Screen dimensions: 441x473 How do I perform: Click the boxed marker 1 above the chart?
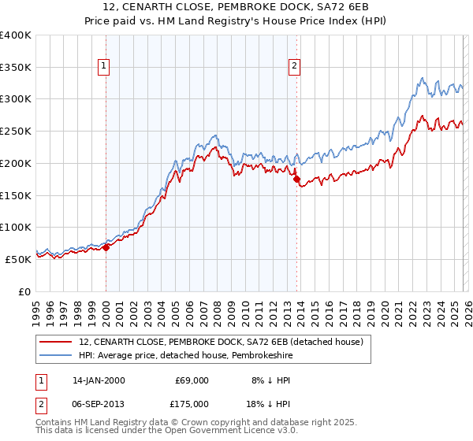click(106, 67)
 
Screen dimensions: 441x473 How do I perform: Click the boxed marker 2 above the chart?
click(295, 67)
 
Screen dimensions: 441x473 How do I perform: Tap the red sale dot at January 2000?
click(106, 247)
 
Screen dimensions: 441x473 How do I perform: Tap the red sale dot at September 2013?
click(296, 180)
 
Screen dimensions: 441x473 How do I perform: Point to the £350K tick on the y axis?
click(17, 67)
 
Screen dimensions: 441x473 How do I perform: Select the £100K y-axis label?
click(17, 227)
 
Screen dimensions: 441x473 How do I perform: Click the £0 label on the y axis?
click(26, 291)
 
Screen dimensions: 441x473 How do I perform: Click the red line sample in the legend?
click(56, 342)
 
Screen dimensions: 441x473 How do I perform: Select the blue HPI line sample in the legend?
click(56, 355)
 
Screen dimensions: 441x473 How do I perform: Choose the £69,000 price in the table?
click(192, 380)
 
